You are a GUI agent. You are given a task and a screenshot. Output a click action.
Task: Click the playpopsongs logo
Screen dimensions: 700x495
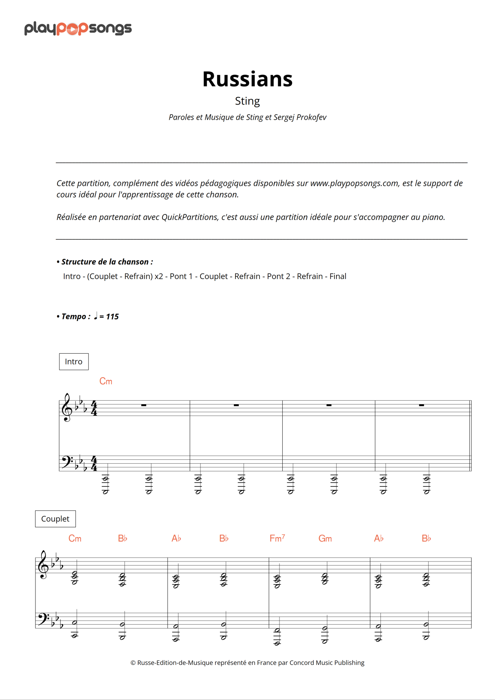[x=78, y=28]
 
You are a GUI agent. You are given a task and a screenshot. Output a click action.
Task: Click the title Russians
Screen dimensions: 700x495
[x=247, y=79]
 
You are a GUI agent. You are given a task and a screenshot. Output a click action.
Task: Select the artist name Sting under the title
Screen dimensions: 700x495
[x=247, y=101]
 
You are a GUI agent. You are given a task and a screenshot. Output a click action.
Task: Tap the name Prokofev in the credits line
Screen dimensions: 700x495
[x=311, y=117]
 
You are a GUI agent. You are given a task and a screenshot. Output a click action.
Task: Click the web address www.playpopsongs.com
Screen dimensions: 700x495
[x=354, y=183]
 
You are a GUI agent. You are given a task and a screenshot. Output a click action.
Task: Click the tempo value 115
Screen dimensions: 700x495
[x=112, y=316]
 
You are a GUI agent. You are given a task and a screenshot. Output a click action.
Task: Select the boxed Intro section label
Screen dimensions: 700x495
[x=74, y=362]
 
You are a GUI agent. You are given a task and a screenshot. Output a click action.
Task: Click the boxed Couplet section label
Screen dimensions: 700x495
[x=55, y=519]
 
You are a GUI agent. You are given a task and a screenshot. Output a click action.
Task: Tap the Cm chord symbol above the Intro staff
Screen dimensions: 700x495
[x=106, y=382]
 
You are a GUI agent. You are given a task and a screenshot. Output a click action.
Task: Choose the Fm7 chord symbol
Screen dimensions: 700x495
[x=277, y=538]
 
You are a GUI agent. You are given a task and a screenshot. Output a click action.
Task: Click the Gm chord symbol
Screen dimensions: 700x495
[x=325, y=539]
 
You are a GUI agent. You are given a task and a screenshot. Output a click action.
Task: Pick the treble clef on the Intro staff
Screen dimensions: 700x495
[x=66, y=407]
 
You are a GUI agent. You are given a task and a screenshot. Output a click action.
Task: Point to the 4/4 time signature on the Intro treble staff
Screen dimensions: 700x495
[x=94, y=408]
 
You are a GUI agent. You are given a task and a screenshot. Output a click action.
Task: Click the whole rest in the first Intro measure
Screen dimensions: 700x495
[x=144, y=405]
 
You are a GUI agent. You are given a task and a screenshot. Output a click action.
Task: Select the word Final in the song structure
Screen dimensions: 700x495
[x=338, y=276]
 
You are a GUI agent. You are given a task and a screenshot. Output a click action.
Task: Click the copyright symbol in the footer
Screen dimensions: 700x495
[x=133, y=663]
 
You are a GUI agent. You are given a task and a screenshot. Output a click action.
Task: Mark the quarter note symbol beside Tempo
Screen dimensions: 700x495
[x=96, y=316]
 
